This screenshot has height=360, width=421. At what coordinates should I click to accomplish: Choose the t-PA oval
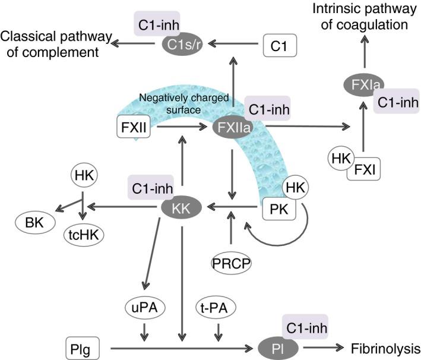[x=217, y=308]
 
